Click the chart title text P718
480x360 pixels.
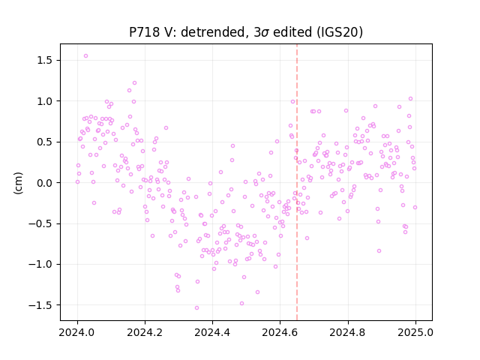click(145, 32)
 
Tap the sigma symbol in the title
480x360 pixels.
click(265, 33)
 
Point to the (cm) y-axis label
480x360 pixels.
click(18, 183)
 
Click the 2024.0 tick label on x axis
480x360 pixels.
click(77, 332)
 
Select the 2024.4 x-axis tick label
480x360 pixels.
click(212, 332)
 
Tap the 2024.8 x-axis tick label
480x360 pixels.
click(348, 332)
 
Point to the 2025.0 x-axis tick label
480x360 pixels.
click(415, 332)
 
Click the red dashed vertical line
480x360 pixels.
click(297, 182)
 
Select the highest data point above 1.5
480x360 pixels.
click(86, 56)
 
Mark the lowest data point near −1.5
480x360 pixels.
click(196, 308)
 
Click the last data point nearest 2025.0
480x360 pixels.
click(415, 208)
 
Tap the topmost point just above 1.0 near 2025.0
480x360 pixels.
click(410, 99)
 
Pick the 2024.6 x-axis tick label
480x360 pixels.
click(280, 332)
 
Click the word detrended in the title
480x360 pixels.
click(213, 32)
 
